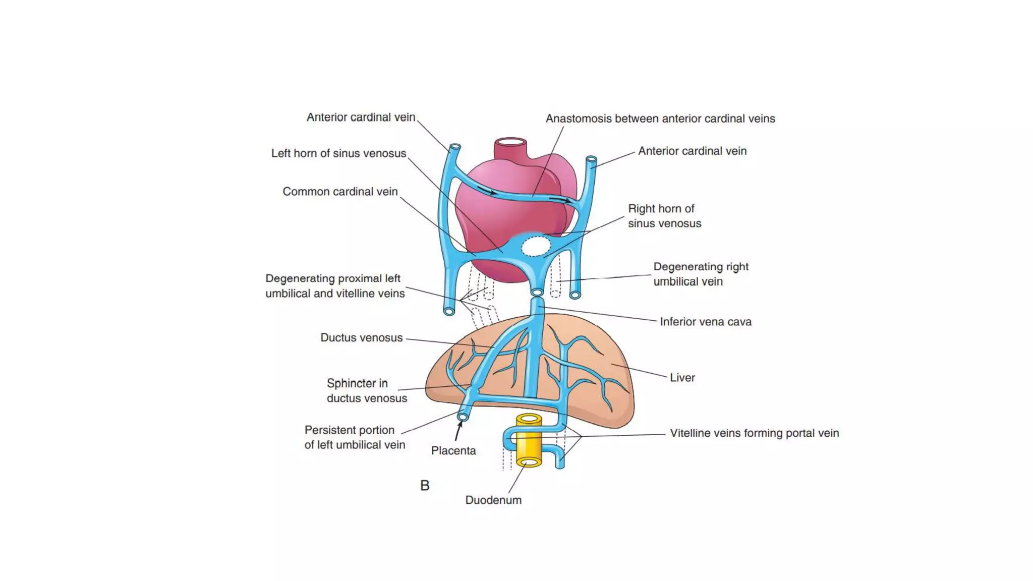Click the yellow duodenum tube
[529, 441]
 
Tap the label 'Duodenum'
[493, 500]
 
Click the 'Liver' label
[682, 377]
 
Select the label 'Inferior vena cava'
[705, 321]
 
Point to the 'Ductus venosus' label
[361, 337]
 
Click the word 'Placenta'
[453, 450]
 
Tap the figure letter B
[425, 485]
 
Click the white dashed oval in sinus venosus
[535, 247]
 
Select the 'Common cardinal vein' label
[340, 192]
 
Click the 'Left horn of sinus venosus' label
[338, 153]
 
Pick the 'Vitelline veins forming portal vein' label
[754, 433]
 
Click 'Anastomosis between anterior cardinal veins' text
[660, 119]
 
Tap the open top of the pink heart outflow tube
[510, 142]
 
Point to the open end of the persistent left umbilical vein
[463, 417]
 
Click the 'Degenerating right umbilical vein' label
[701, 274]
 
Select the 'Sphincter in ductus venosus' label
[366, 390]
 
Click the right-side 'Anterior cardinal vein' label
[692, 151]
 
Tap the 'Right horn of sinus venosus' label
[664, 216]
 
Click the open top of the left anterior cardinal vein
[455, 147]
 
